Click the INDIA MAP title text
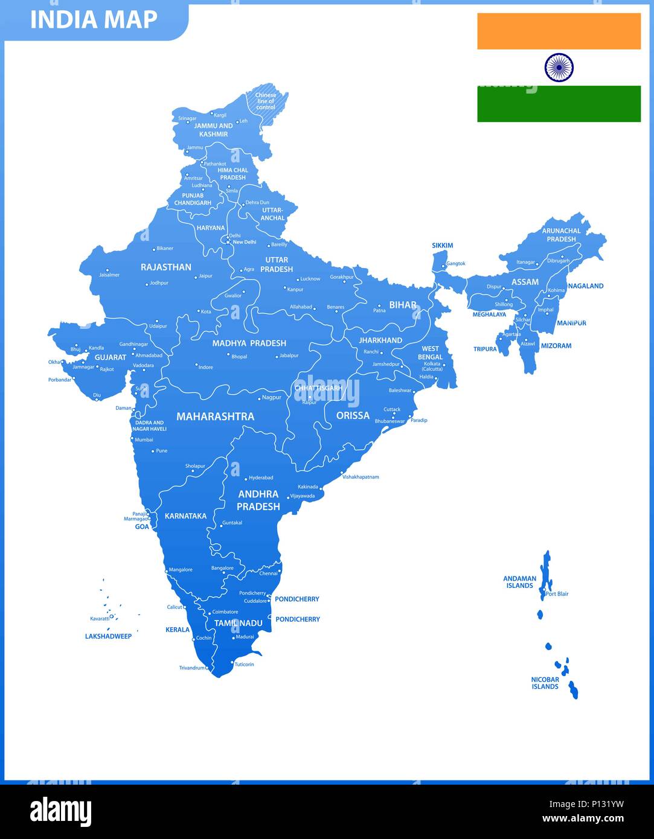94,20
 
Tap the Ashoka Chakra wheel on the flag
559,68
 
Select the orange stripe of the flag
559,31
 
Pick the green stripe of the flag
559,104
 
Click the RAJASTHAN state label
166,267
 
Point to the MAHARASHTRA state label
215,416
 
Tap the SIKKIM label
442,246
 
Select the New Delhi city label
245,242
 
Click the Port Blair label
557,594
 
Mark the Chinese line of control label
266,101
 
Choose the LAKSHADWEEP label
108,636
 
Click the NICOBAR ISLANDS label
545,683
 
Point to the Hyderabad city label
261,477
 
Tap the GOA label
142,527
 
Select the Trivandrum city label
192,668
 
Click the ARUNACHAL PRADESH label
561,235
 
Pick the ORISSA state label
353,415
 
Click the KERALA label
178,630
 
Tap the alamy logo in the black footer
60,812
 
